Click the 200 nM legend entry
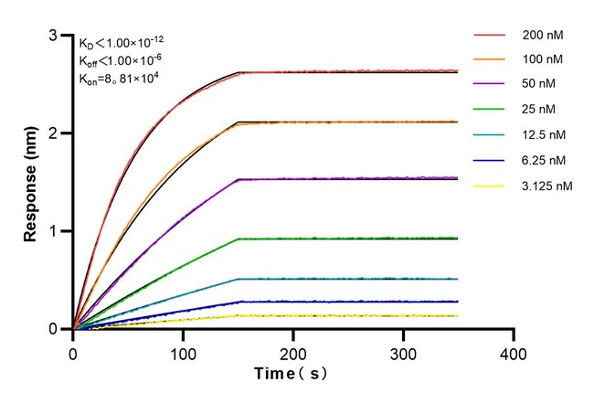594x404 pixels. (541, 35)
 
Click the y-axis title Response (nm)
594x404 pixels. (31, 183)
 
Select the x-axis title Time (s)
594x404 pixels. (292, 374)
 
